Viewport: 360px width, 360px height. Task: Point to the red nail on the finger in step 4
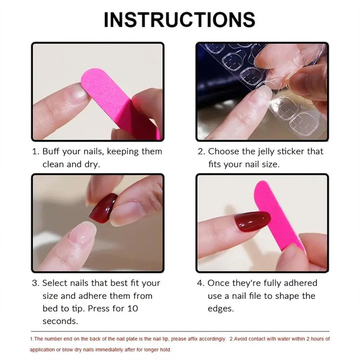coord(252,221)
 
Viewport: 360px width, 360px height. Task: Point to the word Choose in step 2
coord(223,151)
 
